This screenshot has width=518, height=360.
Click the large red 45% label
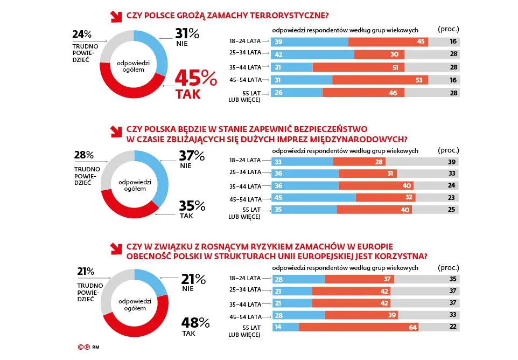pos(195,79)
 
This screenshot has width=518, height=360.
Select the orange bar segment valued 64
pos(359,327)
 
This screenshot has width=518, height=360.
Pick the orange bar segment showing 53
pos(380,80)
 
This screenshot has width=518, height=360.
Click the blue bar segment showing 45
pos(314,197)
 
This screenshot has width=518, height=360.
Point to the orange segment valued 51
pos(359,67)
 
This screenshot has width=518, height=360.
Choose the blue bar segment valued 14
pos(285,327)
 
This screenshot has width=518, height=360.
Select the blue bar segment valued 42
pos(313,54)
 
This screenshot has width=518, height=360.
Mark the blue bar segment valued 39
pos(310,42)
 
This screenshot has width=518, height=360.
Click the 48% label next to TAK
pos(196,323)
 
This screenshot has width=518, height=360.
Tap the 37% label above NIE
pos(192,156)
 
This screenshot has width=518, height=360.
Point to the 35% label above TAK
pos(192,206)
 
